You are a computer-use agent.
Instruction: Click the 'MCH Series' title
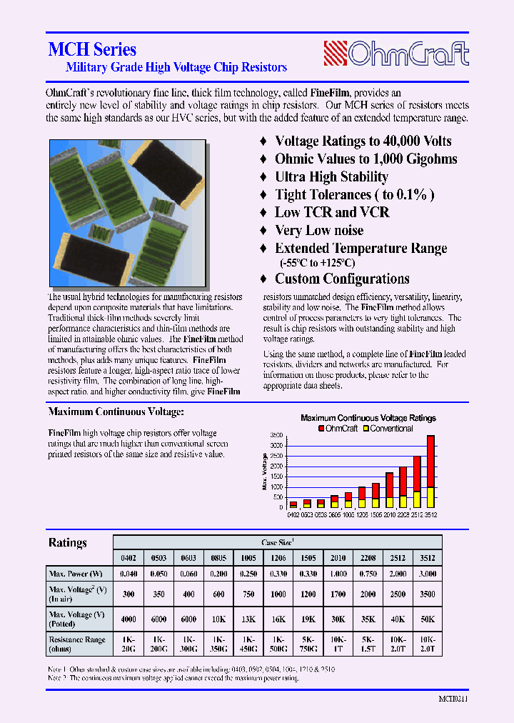click(x=92, y=49)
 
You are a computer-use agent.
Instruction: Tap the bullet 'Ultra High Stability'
click(x=331, y=177)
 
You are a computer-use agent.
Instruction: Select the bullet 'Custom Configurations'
click(x=342, y=279)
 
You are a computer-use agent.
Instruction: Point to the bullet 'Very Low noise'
click(x=319, y=230)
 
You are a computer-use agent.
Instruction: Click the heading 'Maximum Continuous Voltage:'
click(x=116, y=412)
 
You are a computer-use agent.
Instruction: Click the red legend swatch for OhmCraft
click(x=321, y=429)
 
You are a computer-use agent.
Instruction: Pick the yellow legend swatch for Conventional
click(x=366, y=429)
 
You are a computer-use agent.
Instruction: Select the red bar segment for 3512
click(x=430, y=461)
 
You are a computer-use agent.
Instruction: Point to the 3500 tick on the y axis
click(x=277, y=435)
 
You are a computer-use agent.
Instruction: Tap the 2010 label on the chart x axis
click(x=389, y=514)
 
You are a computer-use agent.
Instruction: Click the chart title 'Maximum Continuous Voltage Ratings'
click(x=368, y=418)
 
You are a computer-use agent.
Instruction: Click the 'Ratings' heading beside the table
click(x=67, y=543)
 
